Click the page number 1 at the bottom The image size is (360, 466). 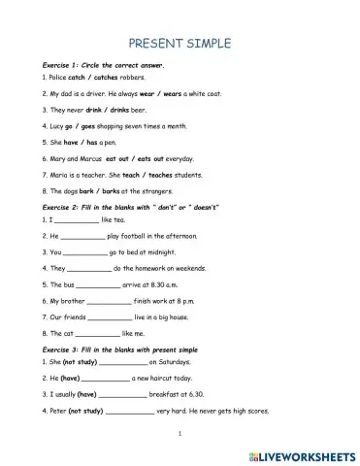coord(180,435)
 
